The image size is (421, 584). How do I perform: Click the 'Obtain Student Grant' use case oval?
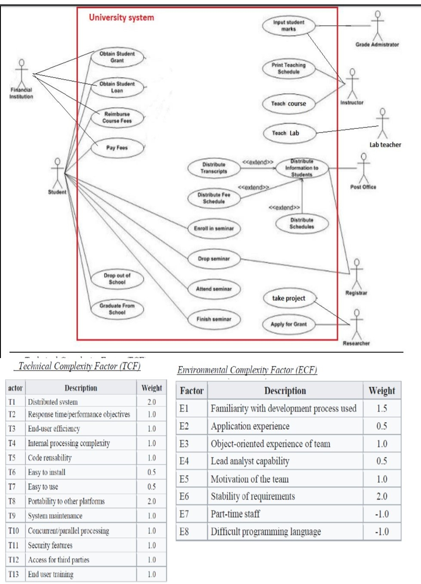pos(117,57)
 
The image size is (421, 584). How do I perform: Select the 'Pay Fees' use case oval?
pos(117,148)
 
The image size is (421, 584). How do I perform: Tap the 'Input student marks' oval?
pos(289,26)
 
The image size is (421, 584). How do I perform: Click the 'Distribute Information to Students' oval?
pos(301,168)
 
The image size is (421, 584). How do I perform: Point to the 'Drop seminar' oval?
pos(214,259)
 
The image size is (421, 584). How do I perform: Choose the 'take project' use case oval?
pos(289,298)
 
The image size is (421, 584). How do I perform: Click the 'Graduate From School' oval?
pos(117,309)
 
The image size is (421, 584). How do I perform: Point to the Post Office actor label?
pos(363,187)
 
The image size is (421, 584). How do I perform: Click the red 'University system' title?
pos(121,18)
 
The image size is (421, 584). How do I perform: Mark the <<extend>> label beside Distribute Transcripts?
pos(258,162)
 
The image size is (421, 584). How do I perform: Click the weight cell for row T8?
pos(151,501)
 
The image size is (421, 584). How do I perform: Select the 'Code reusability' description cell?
pos(80,458)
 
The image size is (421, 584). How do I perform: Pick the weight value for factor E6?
pos(381,496)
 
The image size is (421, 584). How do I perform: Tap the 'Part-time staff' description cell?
pos(285,514)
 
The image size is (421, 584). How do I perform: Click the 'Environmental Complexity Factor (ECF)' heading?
pos(247,370)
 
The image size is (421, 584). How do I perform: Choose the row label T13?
pos(14,574)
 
